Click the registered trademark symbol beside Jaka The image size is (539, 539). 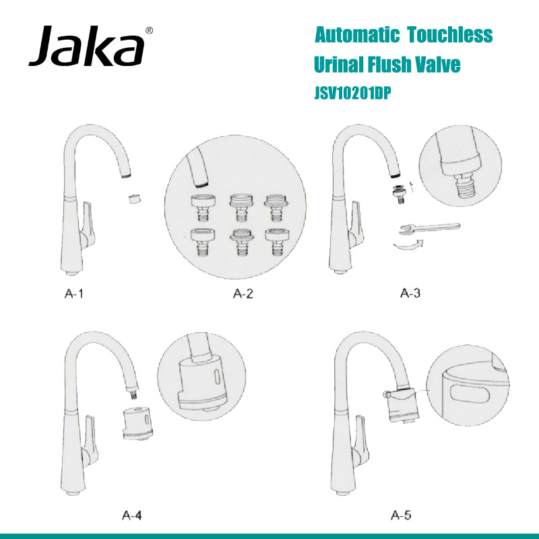point(149,30)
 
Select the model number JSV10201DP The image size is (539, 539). point(353,94)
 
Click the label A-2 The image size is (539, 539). point(243,293)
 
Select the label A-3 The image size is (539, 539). point(411,293)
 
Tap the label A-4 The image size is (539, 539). point(132,515)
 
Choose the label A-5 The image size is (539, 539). point(402,515)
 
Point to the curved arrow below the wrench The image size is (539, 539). point(411,247)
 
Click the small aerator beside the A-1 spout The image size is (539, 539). point(134,199)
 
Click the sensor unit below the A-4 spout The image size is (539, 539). point(139,423)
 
